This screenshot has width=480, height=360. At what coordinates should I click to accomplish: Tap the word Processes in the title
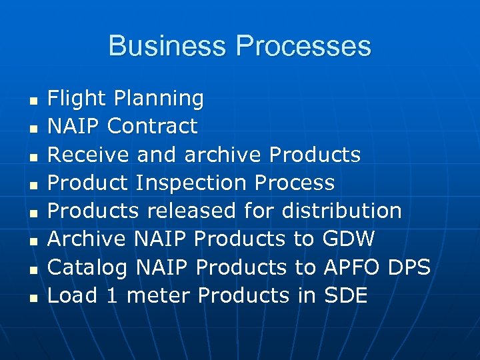[x=303, y=46]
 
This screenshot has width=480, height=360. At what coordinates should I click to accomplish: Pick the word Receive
[x=89, y=155]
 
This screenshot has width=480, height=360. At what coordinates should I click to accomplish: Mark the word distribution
[x=341, y=211]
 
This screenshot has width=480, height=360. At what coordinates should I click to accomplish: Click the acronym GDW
[x=349, y=239]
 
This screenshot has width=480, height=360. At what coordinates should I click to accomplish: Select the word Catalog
[x=89, y=268]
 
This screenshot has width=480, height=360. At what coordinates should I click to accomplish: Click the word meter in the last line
[x=159, y=295]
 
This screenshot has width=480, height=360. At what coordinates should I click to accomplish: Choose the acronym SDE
[x=345, y=295]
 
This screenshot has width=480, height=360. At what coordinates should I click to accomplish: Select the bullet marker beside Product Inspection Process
[x=32, y=185]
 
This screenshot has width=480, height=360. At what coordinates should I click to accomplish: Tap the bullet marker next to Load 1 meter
[x=32, y=298]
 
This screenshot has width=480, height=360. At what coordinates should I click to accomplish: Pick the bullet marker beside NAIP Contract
[x=32, y=129]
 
